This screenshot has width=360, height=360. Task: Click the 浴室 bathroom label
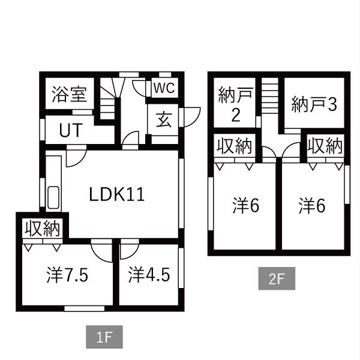coord(68,95)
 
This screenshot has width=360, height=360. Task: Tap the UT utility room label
coord(70,131)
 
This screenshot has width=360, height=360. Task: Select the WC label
coord(163,88)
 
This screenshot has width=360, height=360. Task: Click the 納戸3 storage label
coord(314,104)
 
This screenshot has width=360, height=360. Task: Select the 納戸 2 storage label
coord(236,106)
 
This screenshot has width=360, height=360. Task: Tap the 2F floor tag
coord(277,279)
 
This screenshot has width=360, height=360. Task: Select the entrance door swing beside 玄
coord(191,115)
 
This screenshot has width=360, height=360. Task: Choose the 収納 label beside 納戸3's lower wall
coord(325,146)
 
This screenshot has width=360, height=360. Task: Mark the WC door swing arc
coord(140,88)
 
